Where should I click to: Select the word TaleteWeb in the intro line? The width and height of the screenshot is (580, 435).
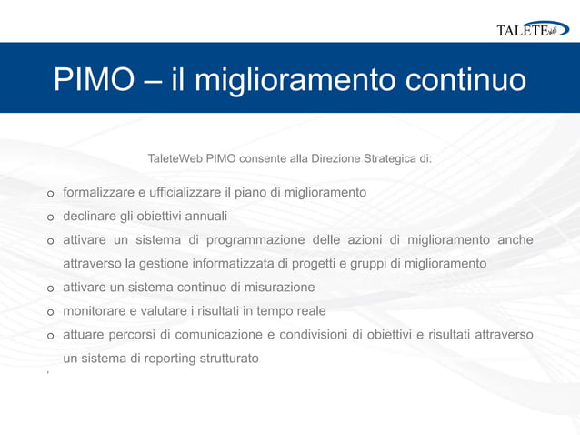[x=175, y=158]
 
